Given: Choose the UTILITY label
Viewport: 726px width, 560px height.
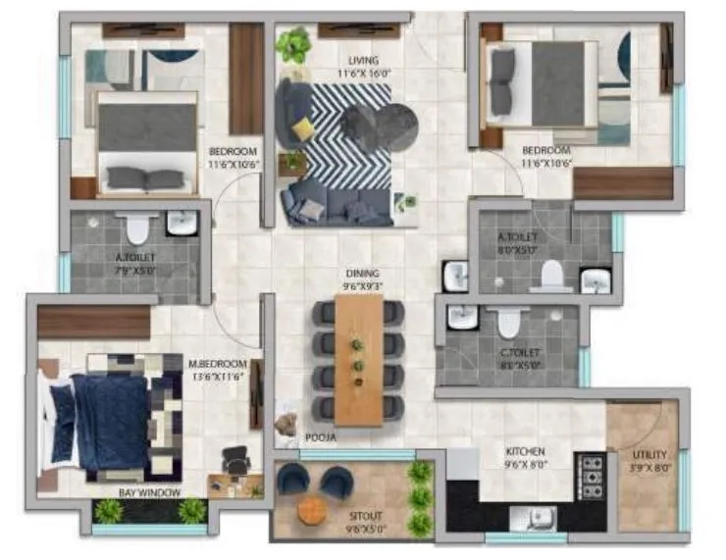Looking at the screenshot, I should [x=649, y=455].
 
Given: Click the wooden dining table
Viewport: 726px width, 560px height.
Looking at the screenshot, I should [x=358, y=359].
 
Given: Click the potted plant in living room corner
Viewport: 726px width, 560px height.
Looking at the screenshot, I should [x=291, y=44].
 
